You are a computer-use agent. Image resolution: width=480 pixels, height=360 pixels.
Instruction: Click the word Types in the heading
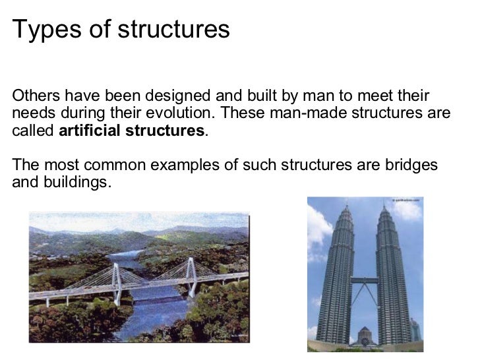click(x=39, y=29)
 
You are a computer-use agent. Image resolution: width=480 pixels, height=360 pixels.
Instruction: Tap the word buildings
click(x=76, y=182)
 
